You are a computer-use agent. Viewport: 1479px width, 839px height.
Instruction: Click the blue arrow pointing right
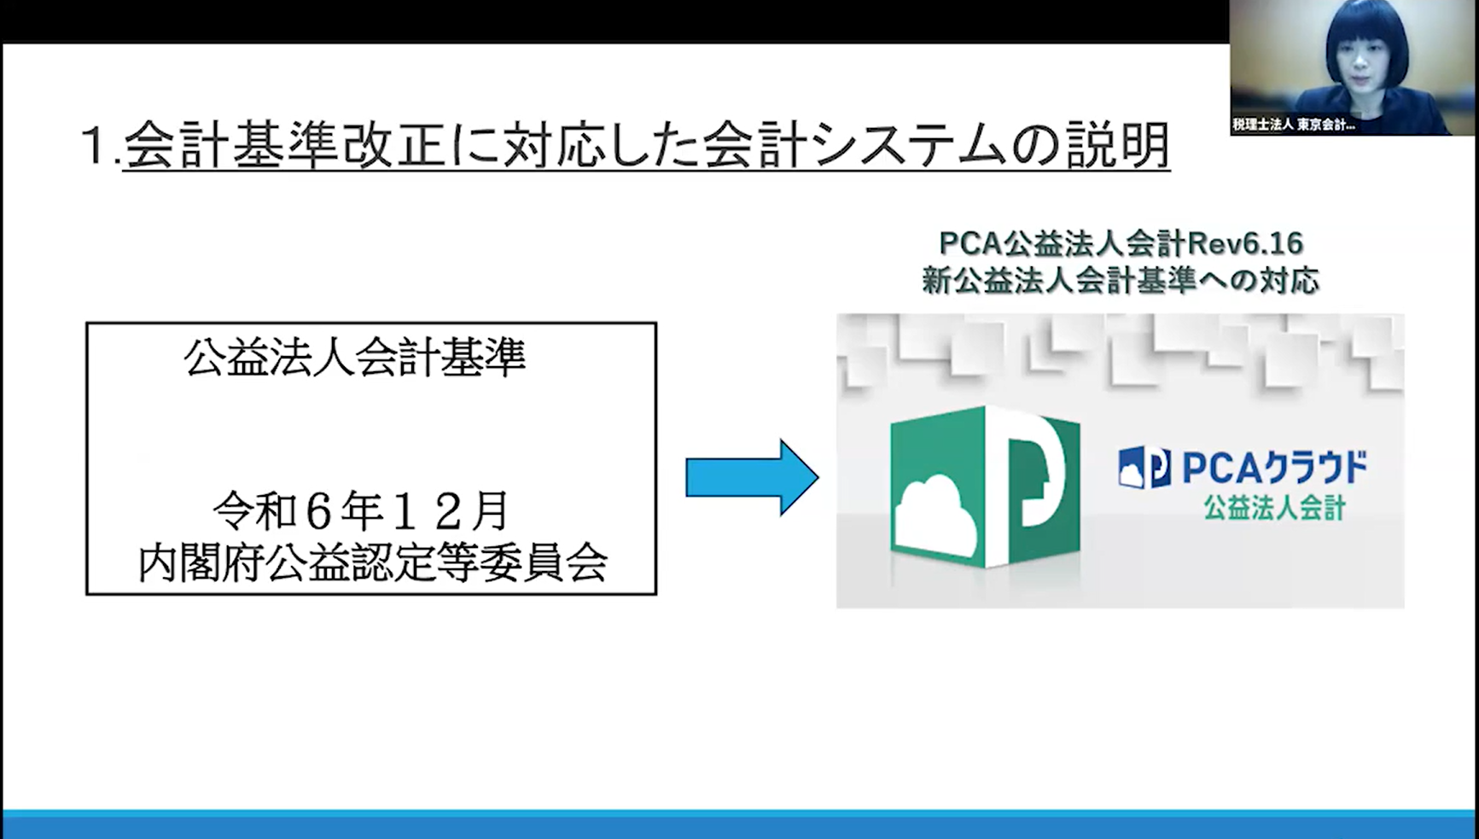point(752,478)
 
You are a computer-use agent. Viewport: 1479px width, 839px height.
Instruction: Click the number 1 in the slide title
point(95,146)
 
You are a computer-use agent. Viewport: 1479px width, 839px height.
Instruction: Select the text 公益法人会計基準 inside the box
point(354,358)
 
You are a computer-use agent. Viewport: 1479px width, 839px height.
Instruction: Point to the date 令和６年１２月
point(361,511)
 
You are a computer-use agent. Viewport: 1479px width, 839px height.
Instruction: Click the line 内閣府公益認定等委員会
point(372,563)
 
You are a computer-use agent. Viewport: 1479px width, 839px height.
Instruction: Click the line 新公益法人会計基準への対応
point(1121,281)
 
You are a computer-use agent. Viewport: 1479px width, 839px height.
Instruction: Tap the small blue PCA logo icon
point(1144,468)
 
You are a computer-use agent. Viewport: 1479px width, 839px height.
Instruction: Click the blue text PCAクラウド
point(1273,468)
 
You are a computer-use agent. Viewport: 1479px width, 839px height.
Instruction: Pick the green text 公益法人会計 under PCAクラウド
point(1274,509)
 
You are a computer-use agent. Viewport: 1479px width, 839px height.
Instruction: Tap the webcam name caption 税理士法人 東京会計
point(1293,125)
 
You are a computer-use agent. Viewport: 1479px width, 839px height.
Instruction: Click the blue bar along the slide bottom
point(739,824)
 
